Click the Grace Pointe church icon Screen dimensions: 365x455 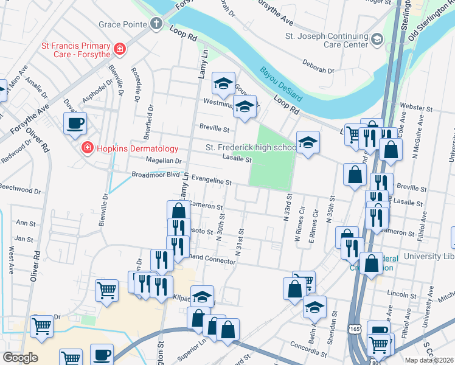[x=157, y=24]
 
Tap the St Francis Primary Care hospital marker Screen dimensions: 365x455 [x=120, y=49]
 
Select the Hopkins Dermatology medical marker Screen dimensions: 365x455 [x=86, y=148]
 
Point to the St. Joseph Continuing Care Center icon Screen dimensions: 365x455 [x=377, y=40]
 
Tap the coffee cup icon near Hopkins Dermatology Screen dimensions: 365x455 [x=75, y=123]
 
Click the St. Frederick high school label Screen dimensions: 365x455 [x=251, y=148]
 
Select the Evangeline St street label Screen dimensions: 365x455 [x=211, y=181]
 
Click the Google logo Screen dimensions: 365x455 [x=20, y=358]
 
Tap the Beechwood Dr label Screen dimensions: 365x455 [x=20, y=190]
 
